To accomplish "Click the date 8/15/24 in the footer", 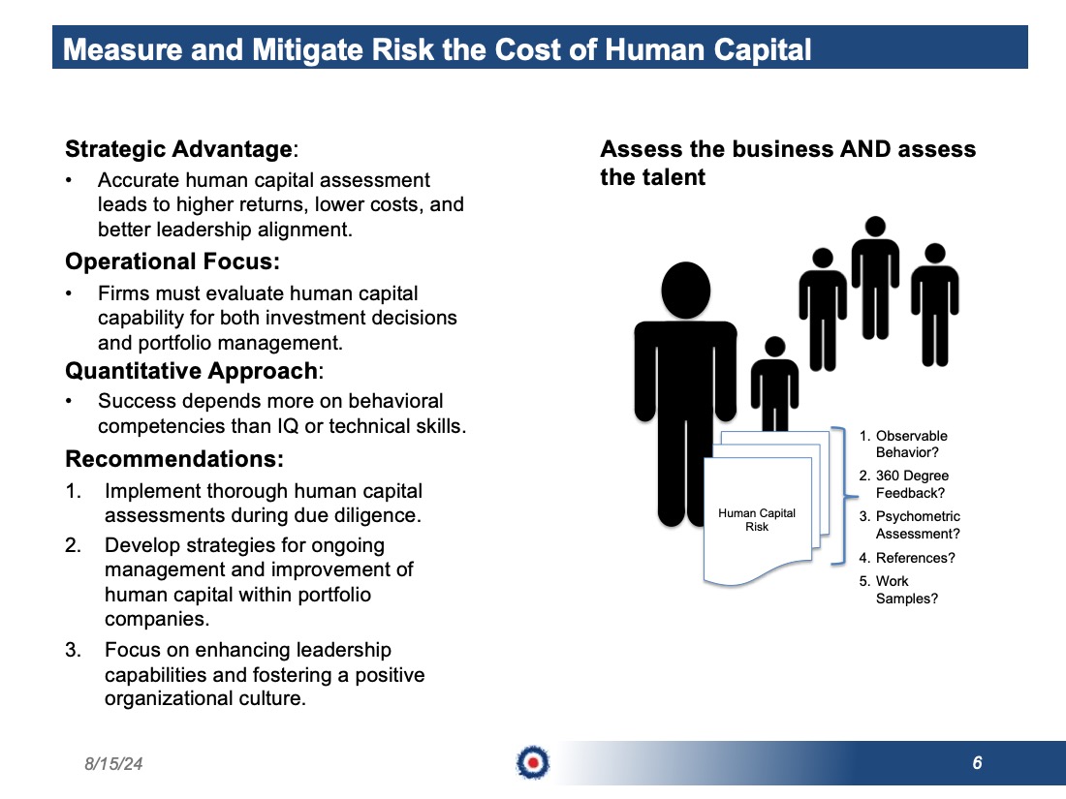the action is point(113,764).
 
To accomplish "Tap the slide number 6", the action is point(977,763).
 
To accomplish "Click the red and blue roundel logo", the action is point(533,763).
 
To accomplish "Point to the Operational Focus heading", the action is point(172,261).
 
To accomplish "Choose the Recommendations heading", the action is point(174,459).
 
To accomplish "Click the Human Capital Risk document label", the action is point(757,520).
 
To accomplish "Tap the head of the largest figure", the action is point(686,291).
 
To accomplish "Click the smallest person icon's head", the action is point(775,347).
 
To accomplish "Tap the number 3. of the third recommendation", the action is point(73,650).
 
